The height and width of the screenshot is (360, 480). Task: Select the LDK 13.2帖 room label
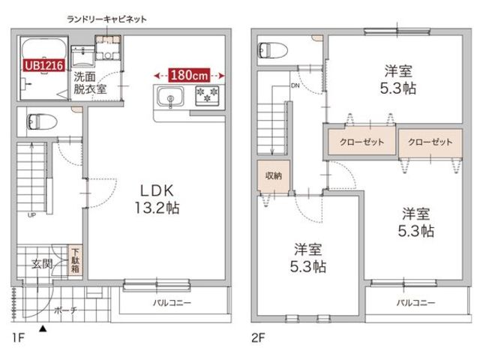[157, 198]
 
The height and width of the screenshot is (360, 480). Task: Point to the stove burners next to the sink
[206, 95]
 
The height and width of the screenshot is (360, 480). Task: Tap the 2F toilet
[273, 50]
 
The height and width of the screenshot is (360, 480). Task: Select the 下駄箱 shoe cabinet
[76, 260]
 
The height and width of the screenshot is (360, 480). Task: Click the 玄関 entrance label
[41, 264]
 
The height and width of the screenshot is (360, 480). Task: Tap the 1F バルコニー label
[172, 303]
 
